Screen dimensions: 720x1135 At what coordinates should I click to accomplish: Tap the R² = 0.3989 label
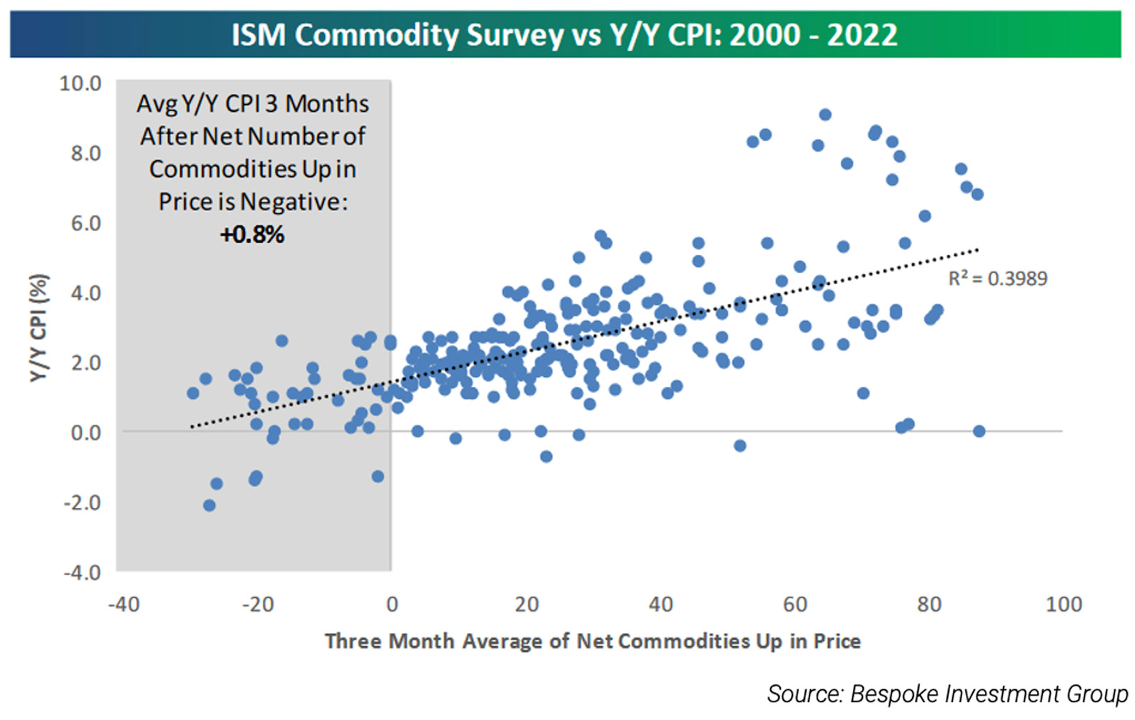(997, 278)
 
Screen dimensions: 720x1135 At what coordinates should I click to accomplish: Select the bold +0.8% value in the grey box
(252, 234)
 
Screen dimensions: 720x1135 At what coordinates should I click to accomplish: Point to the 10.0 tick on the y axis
(80, 83)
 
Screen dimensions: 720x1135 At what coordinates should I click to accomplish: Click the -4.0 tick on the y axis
(82, 572)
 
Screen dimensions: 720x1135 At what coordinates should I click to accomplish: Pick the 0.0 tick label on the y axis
(86, 432)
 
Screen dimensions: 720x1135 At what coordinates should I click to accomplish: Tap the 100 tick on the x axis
(1063, 604)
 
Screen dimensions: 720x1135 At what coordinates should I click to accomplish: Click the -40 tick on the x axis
(123, 604)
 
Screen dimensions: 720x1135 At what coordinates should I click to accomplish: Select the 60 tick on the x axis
(794, 604)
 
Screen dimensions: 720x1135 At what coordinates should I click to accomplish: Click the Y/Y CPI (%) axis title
(39, 328)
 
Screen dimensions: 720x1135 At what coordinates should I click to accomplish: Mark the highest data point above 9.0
(825, 114)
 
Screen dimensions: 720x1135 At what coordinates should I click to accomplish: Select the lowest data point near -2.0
(209, 505)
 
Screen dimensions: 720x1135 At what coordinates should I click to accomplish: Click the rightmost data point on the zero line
(979, 431)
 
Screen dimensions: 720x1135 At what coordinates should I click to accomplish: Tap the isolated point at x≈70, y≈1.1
(863, 393)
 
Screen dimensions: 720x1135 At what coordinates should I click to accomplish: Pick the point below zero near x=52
(740, 445)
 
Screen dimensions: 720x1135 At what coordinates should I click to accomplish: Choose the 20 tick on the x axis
(526, 604)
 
